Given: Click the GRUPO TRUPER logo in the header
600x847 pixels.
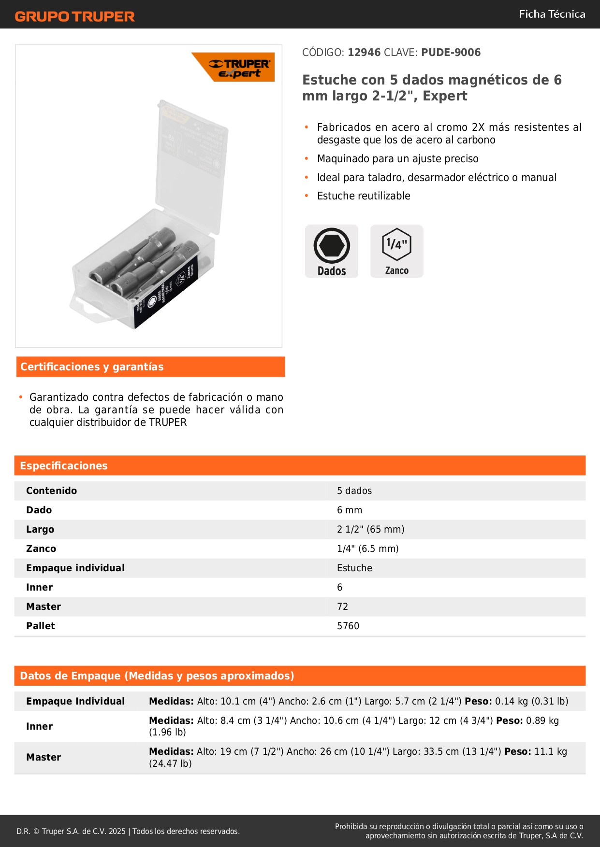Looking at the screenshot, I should pos(74,16).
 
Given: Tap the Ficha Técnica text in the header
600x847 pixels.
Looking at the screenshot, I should pos(552,14).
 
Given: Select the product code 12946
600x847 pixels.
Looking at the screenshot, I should pos(364,52).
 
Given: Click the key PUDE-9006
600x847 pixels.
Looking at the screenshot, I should pos(451,52).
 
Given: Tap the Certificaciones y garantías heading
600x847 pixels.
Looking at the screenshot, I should pos(92,367).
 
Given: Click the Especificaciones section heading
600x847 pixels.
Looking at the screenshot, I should pos(64,466).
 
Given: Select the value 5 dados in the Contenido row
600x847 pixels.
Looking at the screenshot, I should pos(354,491).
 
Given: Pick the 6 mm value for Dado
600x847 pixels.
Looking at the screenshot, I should pos(350,510).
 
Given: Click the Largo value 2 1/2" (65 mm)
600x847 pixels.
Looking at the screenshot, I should pos(370,529).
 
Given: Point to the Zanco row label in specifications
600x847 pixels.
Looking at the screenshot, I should pos(41,549).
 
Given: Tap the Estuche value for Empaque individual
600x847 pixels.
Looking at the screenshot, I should pos(354,568).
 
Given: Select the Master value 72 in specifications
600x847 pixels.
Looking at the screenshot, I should pos(342,607).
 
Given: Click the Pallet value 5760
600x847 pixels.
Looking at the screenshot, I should pos(348,626).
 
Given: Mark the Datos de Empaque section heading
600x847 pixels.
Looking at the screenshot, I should pos(157,676).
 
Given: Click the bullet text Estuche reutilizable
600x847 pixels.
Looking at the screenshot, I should pos(364,196).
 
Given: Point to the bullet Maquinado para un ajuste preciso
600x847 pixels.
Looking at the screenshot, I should pos(397,158).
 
